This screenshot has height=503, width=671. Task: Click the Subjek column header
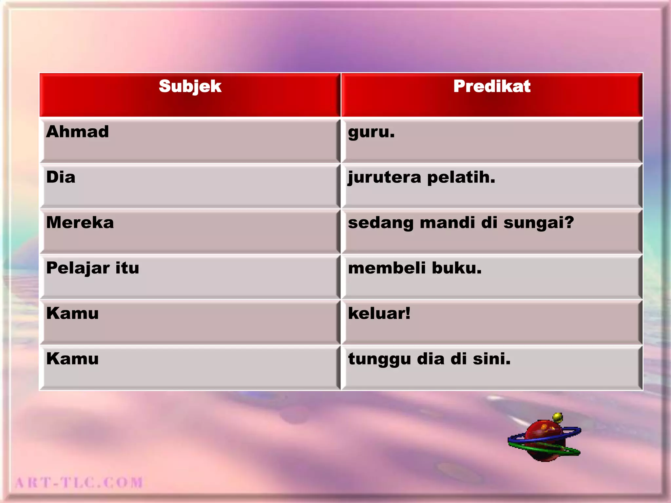pyautogui.click(x=190, y=86)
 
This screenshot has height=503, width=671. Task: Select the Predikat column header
pyautogui.click(x=491, y=86)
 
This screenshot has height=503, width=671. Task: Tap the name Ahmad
pyautogui.click(x=77, y=132)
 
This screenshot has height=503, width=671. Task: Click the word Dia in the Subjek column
pyautogui.click(x=61, y=177)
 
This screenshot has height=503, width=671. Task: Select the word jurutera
pyautogui.click(x=384, y=178)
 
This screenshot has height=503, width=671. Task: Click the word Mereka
pyautogui.click(x=80, y=223)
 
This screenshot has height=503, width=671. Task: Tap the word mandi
pyautogui.click(x=447, y=223)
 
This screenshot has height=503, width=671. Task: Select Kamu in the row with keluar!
pyautogui.click(x=72, y=313)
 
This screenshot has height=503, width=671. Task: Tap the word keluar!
pyautogui.click(x=379, y=313)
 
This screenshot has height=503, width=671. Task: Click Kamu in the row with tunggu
pyautogui.click(x=72, y=359)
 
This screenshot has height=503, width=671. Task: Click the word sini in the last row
pyautogui.click(x=491, y=359)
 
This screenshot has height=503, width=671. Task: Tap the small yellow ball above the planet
pyautogui.click(x=557, y=418)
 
